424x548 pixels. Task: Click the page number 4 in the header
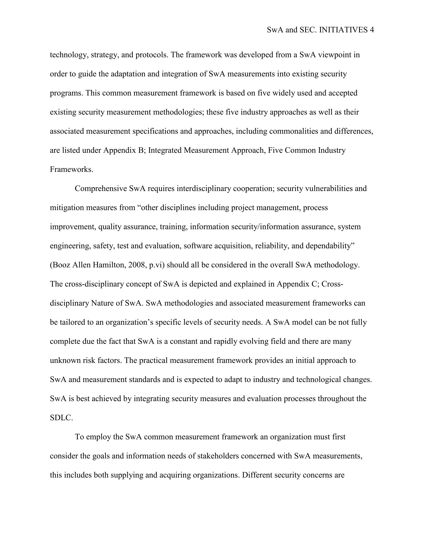point(372,30)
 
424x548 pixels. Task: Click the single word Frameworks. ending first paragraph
point(72,169)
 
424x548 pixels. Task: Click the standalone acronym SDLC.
point(61,418)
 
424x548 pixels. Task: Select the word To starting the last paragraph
point(79,437)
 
